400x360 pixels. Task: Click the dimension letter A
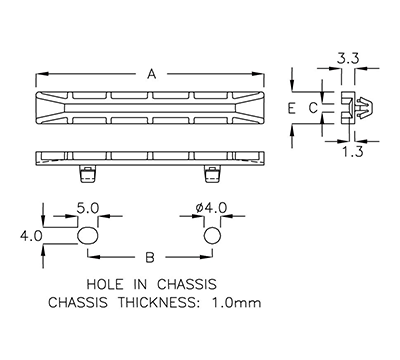tap(151, 74)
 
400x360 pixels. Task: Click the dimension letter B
tap(151, 256)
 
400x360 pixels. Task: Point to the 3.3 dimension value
tap(349, 61)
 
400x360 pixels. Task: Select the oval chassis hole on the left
tap(89, 237)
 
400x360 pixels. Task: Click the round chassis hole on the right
tap(212, 237)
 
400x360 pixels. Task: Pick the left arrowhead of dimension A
tap(40, 74)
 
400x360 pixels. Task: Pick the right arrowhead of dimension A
tap(263, 74)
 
